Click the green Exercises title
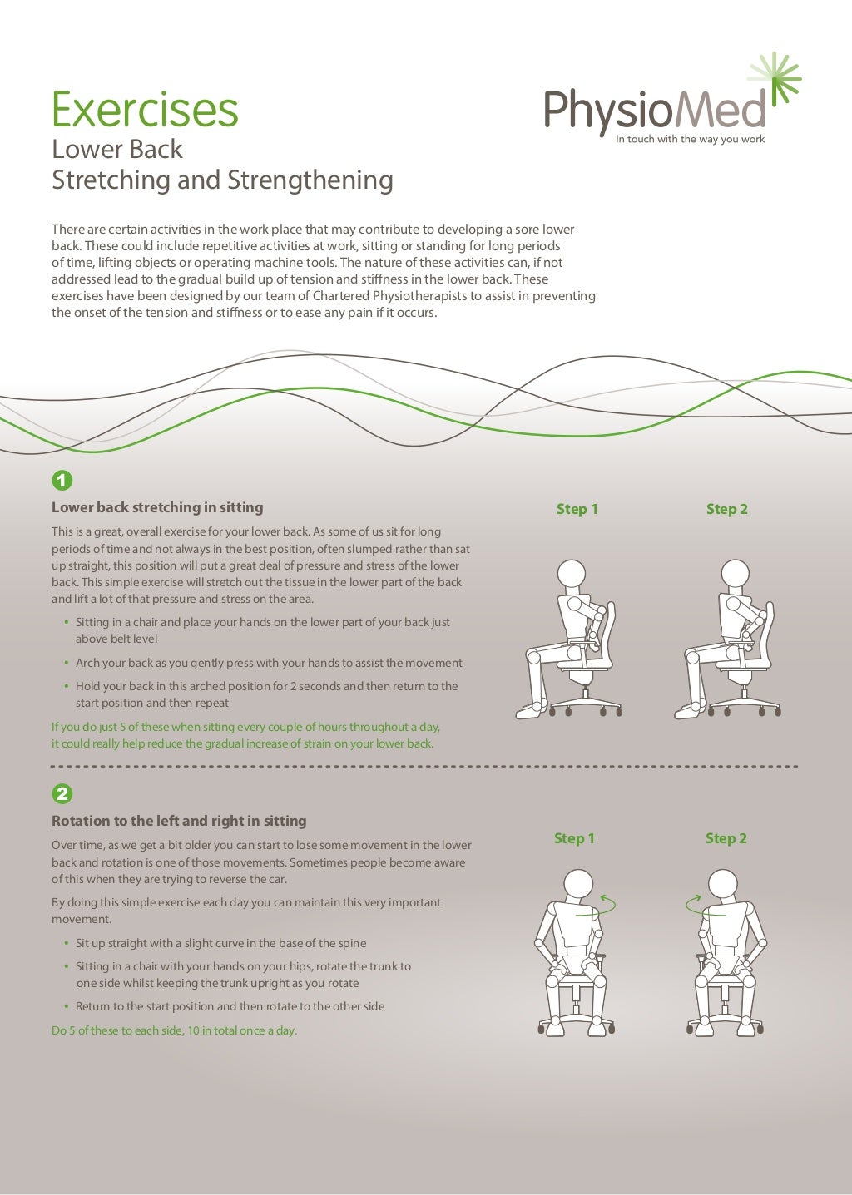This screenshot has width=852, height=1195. (145, 109)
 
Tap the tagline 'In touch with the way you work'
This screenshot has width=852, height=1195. (690, 139)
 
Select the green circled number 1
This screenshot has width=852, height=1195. (62, 481)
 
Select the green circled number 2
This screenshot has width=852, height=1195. (62, 793)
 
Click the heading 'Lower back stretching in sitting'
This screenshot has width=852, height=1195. (157, 507)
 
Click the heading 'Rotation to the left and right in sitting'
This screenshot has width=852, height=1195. (179, 821)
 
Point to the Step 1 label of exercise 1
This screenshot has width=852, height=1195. (577, 509)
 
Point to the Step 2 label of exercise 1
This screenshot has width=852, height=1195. (726, 509)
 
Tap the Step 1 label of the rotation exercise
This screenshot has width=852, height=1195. (574, 838)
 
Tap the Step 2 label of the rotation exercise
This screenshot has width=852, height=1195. (726, 838)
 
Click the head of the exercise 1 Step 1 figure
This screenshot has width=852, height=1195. (572, 574)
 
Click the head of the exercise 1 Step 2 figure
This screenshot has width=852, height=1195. (735, 573)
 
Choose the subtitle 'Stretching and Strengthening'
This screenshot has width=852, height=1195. (222, 180)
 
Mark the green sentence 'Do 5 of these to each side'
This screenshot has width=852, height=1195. (174, 1030)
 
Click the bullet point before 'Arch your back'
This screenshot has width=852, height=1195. (67, 663)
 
